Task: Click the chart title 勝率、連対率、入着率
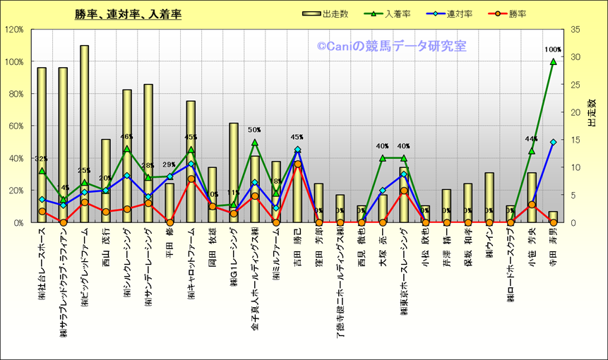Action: [x=128, y=14]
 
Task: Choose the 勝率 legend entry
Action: [x=521, y=14]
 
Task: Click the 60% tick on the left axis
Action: [x=16, y=126]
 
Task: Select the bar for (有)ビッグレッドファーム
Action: [x=85, y=134]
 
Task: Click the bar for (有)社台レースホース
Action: [x=42, y=145]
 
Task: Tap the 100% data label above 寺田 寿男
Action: [x=553, y=50]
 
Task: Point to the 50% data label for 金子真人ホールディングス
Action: [x=254, y=130]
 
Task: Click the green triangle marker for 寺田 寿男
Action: [x=553, y=61]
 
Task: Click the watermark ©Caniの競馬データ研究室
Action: [x=391, y=47]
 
